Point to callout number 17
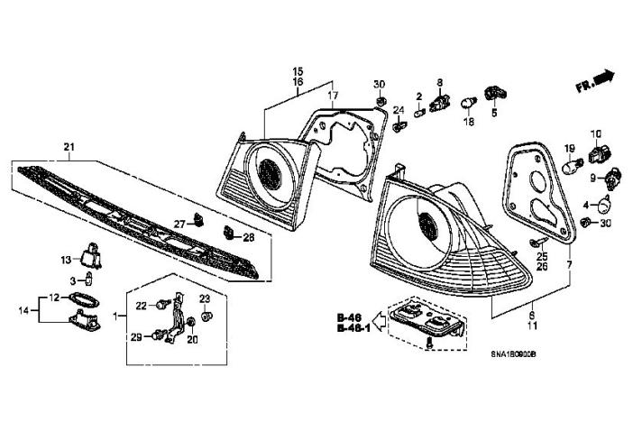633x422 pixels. [331, 96]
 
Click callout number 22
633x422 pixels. [142, 306]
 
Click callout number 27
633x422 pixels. [179, 223]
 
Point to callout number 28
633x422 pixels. [249, 237]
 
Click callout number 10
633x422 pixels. [595, 133]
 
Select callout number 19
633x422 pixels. [570, 149]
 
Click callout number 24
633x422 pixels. [398, 110]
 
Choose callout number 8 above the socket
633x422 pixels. [440, 83]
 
